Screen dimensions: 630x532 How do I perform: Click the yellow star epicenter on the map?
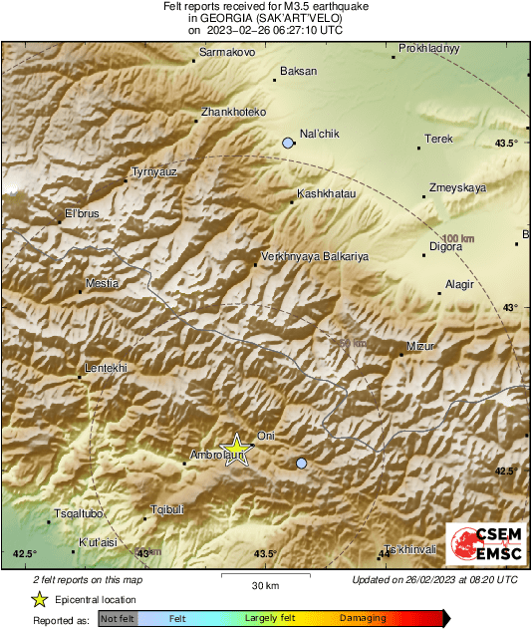pyautogui.click(x=237, y=449)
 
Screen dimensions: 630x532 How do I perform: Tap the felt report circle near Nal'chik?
pyautogui.click(x=288, y=144)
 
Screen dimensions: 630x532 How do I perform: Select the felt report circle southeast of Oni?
pyautogui.click(x=302, y=463)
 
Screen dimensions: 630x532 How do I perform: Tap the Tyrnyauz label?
pyautogui.click(x=154, y=172)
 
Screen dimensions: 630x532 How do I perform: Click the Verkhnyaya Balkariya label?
pyautogui.click(x=314, y=256)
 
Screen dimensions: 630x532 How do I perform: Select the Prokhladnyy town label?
pyautogui.click(x=428, y=48)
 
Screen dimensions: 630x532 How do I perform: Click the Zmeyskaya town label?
pyautogui.click(x=457, y=187)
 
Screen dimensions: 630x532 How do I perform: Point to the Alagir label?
pyautogui.click(x=459, y=285)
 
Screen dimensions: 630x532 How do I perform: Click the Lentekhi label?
pyautogui.click(x=107, y=368)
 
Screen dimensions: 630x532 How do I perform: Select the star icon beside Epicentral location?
pyautogui.click(x=40, y=599)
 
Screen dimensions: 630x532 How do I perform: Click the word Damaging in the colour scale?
pyautogui.click(x=356, y=619)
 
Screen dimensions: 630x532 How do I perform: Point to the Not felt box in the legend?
pyautogui.click(x=118, y=619)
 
